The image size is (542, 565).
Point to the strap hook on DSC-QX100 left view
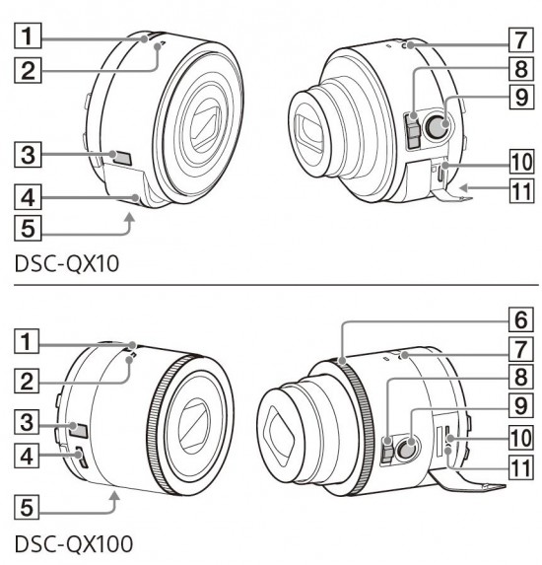pyautogui.click(x=82, y=456)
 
